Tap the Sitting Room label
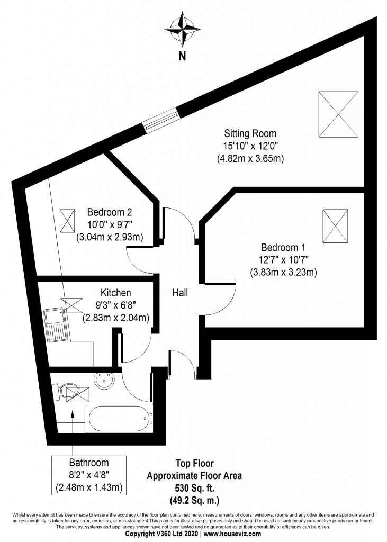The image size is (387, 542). (x=250, y=133)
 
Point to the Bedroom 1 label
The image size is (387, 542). (x=283, y=247)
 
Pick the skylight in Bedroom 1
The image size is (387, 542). (x=336, y=224)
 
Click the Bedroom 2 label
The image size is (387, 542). (x=106, y=212)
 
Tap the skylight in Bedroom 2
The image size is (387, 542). (x=68, y=220)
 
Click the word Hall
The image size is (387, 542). (x=179, y=292)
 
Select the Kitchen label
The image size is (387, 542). (x=115, y=293)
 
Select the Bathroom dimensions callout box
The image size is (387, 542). (x=89, y=475)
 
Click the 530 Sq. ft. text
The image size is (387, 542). (x=194, y=487)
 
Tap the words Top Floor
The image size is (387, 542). (x=194, y=463)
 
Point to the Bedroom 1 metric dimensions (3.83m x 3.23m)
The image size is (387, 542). (x=283, y=273)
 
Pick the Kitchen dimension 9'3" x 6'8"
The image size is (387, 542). (x=115, y=305)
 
